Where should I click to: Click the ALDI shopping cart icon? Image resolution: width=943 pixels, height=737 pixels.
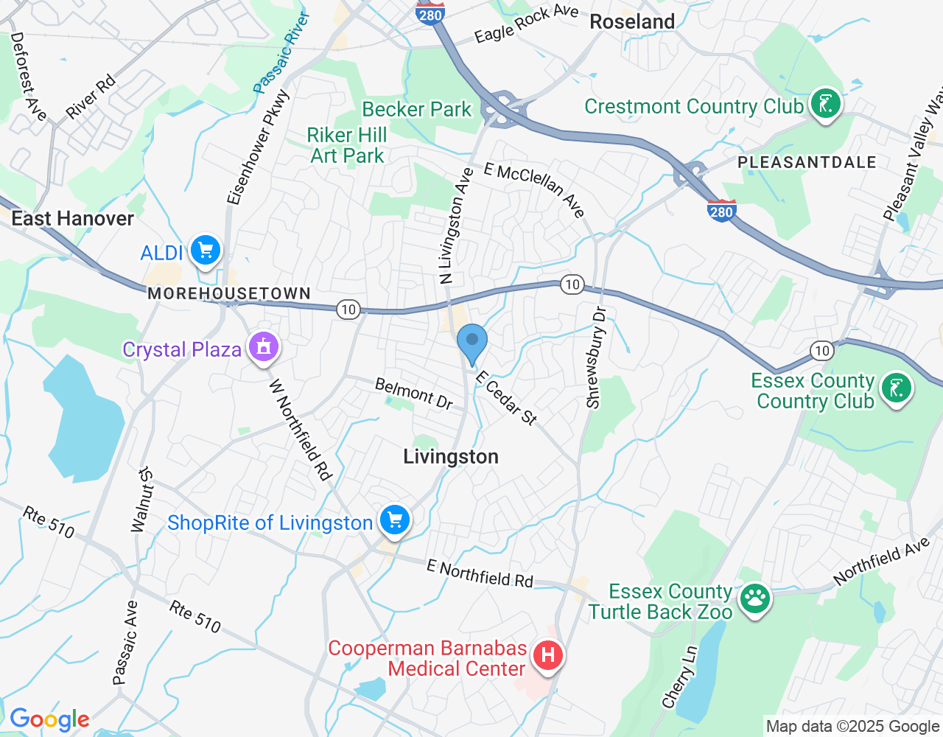(206, 251)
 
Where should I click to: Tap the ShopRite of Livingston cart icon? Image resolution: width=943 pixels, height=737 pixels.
(395, 520)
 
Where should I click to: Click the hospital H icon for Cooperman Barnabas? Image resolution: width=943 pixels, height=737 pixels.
(547, 654)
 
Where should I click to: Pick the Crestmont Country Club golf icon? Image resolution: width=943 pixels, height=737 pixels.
(825, 104)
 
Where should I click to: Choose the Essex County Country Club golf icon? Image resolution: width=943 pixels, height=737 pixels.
(896, 388)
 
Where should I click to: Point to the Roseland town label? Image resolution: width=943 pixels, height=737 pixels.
(632, 21)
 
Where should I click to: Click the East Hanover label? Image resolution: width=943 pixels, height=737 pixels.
(72, 218)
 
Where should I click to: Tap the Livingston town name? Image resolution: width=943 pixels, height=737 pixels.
(451, 457)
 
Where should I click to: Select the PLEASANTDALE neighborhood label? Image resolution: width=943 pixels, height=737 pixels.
(807, 162)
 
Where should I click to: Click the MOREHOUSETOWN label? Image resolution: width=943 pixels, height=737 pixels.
(229, 293)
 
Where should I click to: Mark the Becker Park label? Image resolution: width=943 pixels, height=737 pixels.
(416, 109)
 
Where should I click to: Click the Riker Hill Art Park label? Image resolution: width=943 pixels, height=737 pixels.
(347, 145)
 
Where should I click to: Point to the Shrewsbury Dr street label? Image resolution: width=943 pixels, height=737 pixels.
(596, 357)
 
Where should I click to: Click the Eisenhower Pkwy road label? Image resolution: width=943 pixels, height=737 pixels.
(259, 147)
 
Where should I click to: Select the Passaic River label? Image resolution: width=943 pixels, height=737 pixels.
(281, 53)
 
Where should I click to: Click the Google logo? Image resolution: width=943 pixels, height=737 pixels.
(49, 719)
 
